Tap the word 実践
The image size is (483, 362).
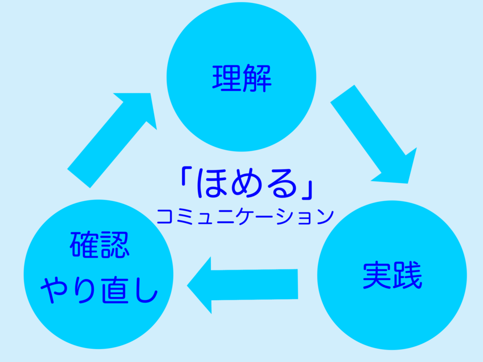(392, 276)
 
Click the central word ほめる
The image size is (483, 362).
(246, 184)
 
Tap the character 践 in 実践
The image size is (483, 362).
(407, 276)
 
